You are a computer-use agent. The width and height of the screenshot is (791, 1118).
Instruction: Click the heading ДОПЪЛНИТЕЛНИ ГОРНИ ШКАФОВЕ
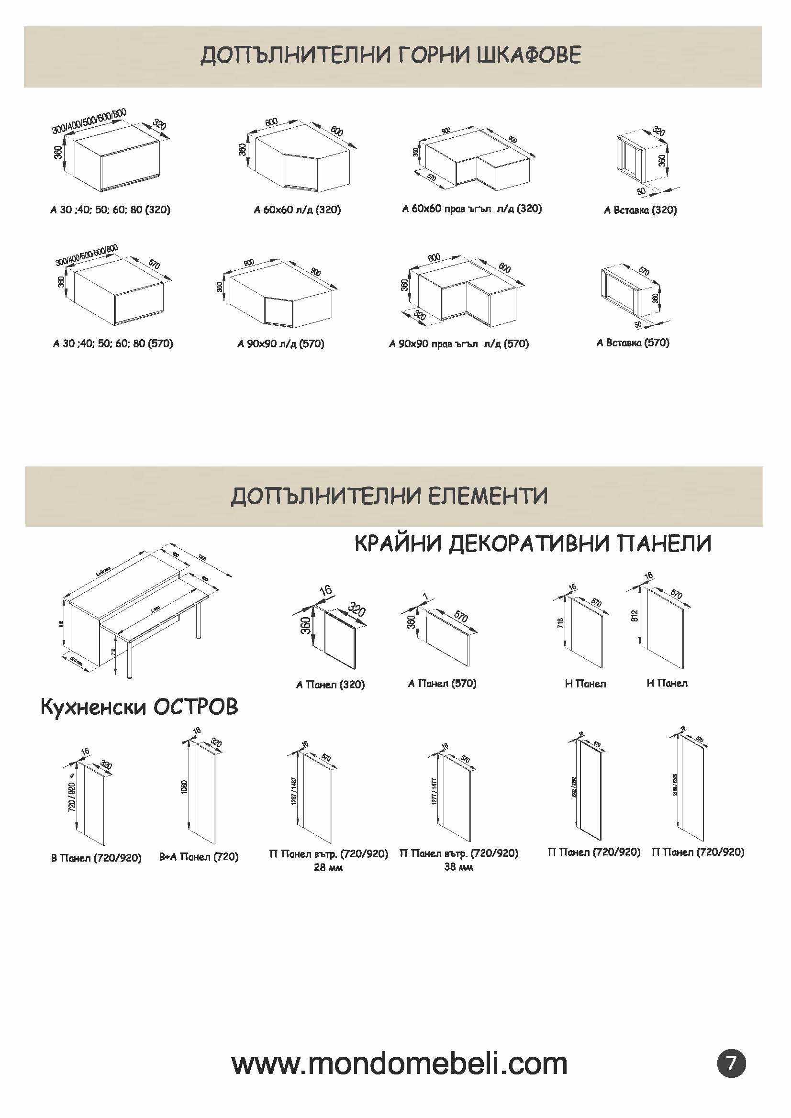pos(390,55)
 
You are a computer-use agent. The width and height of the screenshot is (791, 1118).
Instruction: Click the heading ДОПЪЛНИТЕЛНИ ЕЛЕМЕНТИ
pos(389,496)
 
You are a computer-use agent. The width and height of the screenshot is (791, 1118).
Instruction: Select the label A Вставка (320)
pos(640,210)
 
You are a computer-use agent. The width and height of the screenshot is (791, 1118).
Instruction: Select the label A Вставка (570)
pos(633,343)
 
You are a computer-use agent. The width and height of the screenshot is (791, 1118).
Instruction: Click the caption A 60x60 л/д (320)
pos(297,210)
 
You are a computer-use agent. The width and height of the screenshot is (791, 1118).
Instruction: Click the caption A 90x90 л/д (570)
pos(281,344)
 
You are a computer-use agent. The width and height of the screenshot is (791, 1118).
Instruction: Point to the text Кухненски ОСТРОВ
pos(139,707)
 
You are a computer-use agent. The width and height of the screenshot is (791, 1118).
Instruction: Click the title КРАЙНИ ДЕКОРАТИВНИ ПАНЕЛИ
pos(533,543)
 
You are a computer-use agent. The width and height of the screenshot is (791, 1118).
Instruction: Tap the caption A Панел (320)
pos(330,685)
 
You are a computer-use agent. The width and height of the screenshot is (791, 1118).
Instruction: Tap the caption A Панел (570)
pos(442,684)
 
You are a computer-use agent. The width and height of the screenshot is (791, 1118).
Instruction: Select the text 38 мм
pos(458,867)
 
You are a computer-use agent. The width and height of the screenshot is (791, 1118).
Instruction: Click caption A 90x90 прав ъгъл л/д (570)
pos(459,344)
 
